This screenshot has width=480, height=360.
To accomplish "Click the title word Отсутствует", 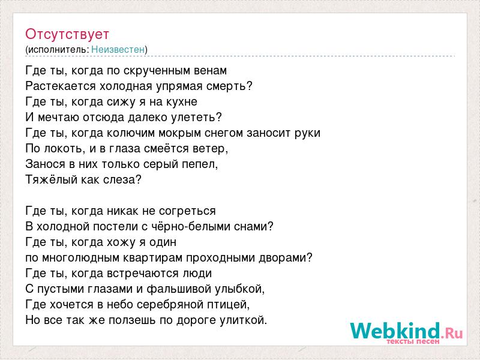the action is (67, 34).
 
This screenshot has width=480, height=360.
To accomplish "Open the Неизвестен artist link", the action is (118, 49).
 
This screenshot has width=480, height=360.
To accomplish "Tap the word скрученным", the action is (157, 71).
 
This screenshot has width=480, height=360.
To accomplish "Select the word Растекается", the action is (61, 86).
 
